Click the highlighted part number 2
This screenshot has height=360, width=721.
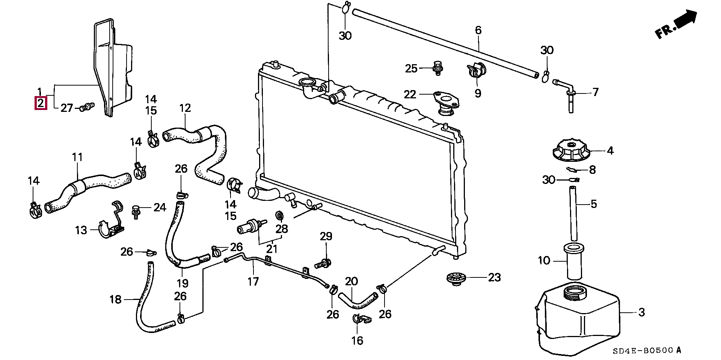click(40, 103)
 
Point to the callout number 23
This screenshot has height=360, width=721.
click(494, 277)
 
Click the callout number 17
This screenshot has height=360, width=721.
click(253, 281)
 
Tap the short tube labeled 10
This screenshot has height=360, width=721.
click(572, 262)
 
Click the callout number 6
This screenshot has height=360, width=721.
click(478, 30)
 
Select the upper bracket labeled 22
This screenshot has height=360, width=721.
click(446, 103)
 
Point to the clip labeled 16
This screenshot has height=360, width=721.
click(360, 319)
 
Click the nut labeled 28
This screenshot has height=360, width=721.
click(279, 215)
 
